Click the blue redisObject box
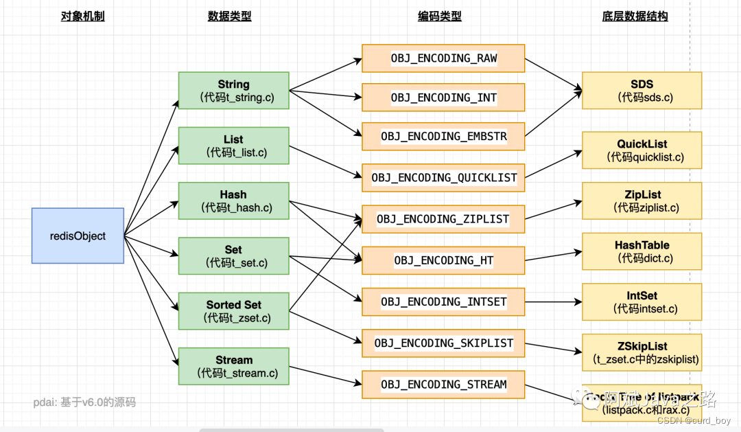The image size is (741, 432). (x=78, y=236)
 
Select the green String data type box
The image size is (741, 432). (x=233, y=91)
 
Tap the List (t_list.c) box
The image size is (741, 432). (x=233, y=146)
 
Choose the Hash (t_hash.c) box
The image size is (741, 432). (x=233, y=201)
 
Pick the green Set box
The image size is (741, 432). (x=233, y=255)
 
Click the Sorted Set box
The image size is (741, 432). (x=233, y=310)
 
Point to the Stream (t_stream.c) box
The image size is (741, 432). (x=233, y=366)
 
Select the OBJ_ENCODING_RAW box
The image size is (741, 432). (x=443, y=58)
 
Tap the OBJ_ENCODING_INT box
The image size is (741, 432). (x=443, y=98)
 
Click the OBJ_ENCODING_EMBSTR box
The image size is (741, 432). (x=443, y=137)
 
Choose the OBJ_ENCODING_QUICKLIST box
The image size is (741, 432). (x=443, y=178)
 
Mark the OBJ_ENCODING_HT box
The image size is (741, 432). (x=443, y=260)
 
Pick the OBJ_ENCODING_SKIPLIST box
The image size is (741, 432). (x=443, y=343)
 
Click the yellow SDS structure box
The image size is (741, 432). (x=642, y=91)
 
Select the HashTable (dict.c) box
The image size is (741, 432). (x=642, y=251)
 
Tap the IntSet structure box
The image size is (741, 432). (x=642, y=302)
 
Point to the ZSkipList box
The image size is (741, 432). (x=642, y=352)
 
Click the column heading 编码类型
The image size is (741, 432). (x=439, y=16)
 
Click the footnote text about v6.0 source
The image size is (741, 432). (x=85, y=402)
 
